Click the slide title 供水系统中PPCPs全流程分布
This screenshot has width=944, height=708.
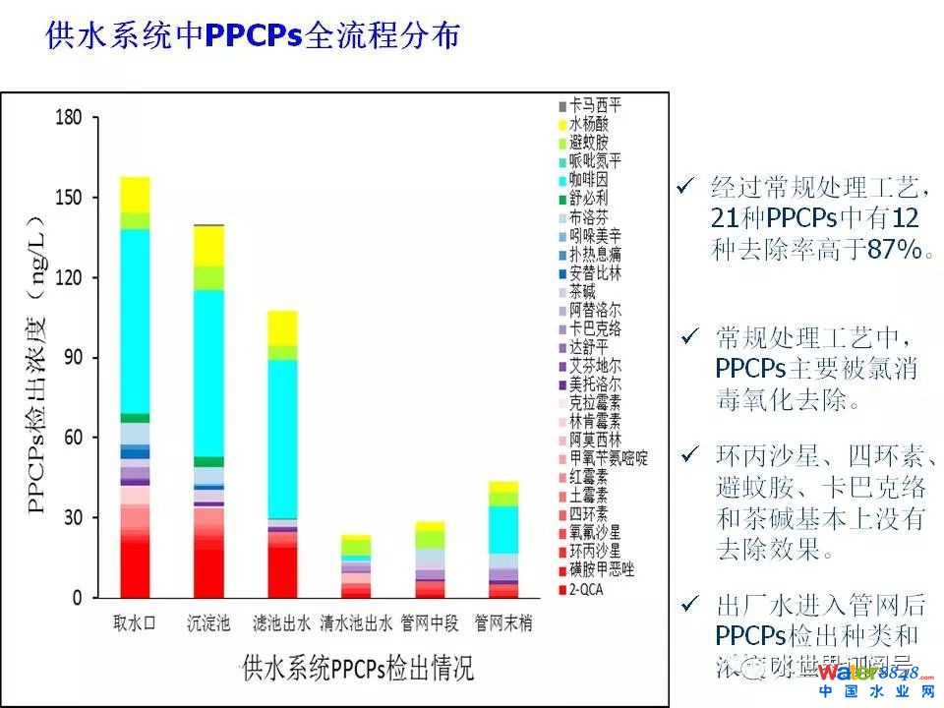pos(253,36)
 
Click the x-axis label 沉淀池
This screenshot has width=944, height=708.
pos(208,622)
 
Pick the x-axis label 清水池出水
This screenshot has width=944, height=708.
pos(356,622)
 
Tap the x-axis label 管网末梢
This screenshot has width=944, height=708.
pos(503,622)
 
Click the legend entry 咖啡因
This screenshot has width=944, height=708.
pos(588,179)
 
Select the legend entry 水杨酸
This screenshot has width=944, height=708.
pos(588,124)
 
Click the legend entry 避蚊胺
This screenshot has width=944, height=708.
pos(588,143)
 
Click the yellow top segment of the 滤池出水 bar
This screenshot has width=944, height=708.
pos(282,327)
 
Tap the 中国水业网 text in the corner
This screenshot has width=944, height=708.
pos(874,692)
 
